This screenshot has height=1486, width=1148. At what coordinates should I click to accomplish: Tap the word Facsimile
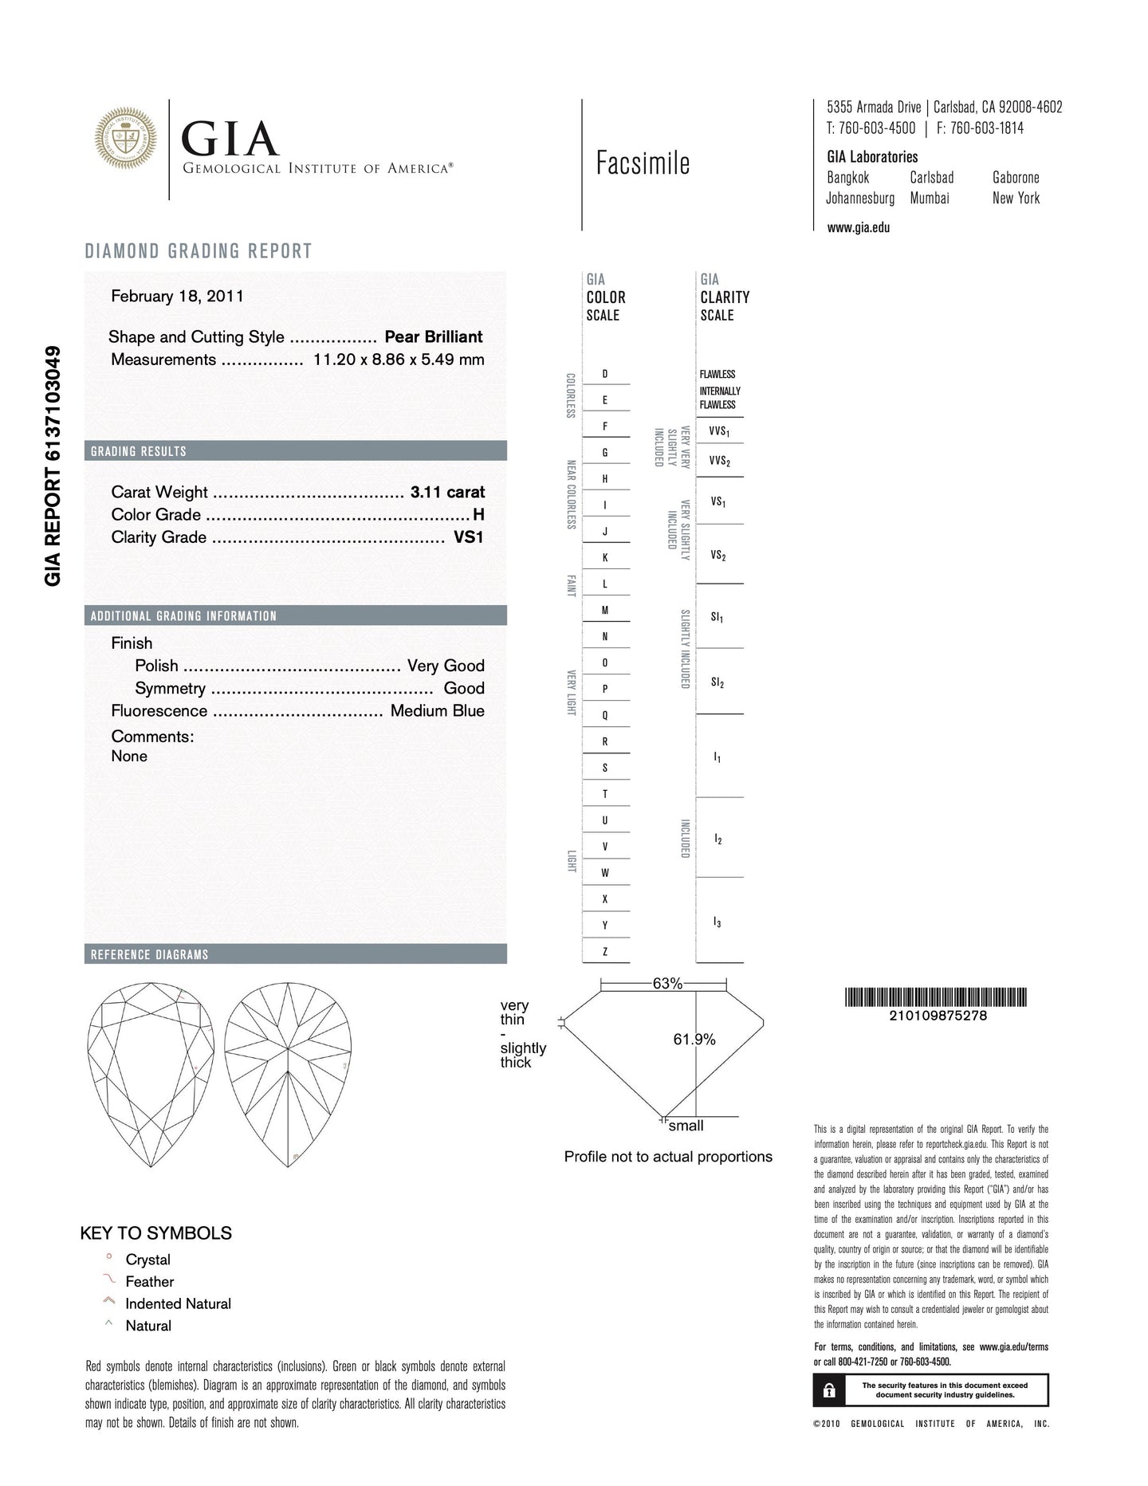coord(643,163)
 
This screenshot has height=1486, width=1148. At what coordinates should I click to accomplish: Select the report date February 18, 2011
coord(177,297)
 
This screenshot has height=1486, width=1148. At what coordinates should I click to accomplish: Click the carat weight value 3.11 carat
coord(447,492)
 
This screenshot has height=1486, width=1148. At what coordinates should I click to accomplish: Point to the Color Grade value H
coord(478,515)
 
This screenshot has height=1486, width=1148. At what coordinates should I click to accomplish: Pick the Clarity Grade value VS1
coord(469,537)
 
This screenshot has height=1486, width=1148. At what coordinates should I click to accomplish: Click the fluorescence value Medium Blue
coord(437,710)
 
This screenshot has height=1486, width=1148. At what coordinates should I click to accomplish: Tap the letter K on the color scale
coord(605,557)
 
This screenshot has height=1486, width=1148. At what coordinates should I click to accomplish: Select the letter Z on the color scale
coord(605,951)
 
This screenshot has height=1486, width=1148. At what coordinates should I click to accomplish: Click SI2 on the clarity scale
coord(717,682)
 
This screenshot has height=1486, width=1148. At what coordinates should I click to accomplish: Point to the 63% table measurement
coord(667,984)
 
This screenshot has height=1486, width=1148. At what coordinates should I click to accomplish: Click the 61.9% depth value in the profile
coord(694,1040)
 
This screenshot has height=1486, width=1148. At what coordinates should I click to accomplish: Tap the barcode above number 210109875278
coord(936,997)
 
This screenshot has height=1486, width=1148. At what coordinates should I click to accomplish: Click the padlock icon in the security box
coord(829,1390)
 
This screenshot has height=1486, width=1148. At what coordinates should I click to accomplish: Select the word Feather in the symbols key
coord(149,1282)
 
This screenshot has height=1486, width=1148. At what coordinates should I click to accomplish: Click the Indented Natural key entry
coord(178,1304)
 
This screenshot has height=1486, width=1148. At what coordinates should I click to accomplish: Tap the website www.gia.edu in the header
coord(858,227)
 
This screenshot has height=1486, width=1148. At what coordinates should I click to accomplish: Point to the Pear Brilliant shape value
coord(433,337)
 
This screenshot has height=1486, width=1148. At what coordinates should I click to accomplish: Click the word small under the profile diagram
coord(686,1126)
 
